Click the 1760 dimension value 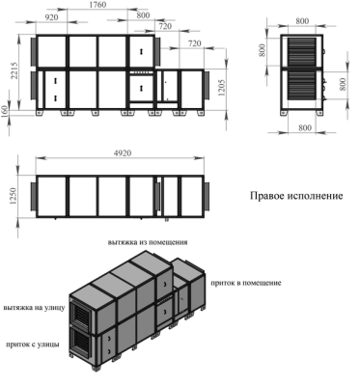click(x=97, y=5)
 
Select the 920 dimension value click(x=51, y=17)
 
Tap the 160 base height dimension click(x=5, y=112)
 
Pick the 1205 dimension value click(x=222, y=88)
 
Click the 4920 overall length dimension click(x=122, y=153)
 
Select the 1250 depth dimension click(x=14, y=196)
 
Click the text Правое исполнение click(x=296, y=196)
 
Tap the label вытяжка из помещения click(x=148, y=242)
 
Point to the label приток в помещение click(x=246, y=283)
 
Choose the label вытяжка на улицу click(x=35, y=308)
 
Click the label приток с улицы click(x=33, y=345)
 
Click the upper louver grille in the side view click(x=302, y=52)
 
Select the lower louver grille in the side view click(x=302, y=85)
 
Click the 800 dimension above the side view click(x=302, y=21)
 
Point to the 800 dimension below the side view click(x=305, y=128)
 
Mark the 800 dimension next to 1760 click(x=143, y=15)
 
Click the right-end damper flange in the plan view click(x=207, y=196)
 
